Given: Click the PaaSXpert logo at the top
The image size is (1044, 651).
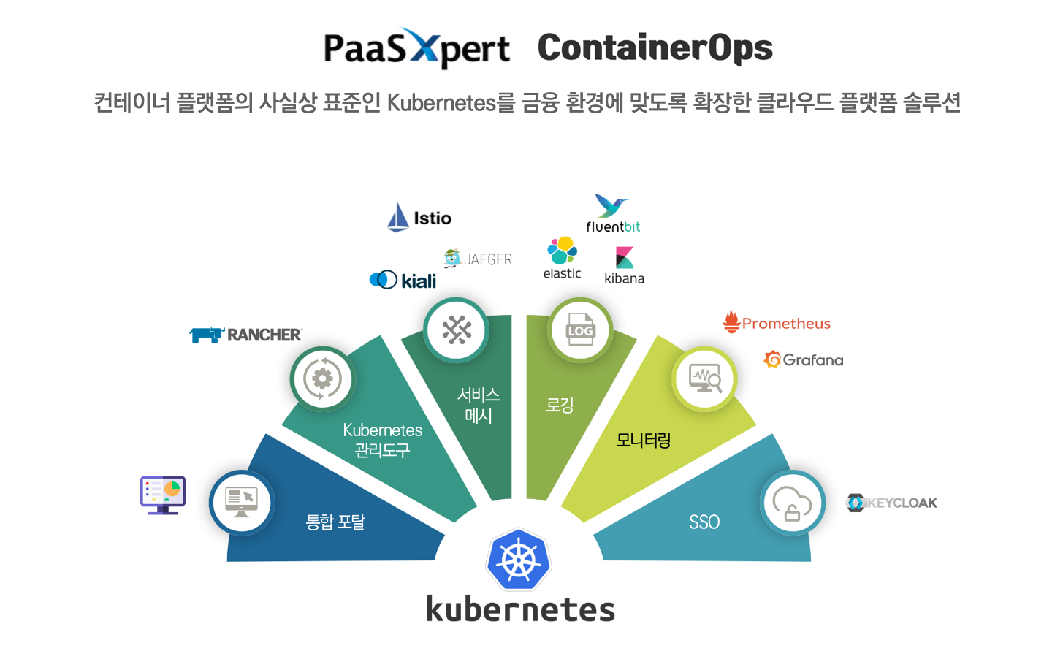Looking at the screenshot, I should [x=416, y=48].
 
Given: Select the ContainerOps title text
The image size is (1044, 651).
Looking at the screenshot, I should [x=655, y=48].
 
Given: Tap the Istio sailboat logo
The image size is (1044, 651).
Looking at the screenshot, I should [x=398, y=217].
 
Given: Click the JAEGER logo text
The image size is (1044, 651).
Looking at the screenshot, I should [x=487, y=259].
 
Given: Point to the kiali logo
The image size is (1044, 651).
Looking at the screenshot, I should [x=403, y=280].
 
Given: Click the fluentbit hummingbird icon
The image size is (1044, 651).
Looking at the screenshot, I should [x=612, y=205].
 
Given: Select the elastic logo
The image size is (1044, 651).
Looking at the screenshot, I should [x=562, y=258].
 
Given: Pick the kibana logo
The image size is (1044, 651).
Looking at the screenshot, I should [x=624, y=265].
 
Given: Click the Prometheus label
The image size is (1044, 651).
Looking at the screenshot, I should [x=786, y=323].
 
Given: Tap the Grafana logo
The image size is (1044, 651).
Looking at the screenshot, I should [x=803, y=359].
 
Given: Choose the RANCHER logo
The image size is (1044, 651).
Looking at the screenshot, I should [x=245, y=335].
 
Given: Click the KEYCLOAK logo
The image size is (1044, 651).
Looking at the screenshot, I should [x=891, y=503].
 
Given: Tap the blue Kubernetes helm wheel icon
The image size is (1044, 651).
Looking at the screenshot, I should [x=519, y=560].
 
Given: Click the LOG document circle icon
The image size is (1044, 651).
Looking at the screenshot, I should [x=580, y=330].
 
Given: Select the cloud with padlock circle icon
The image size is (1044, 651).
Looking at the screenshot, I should [x=792, y=503].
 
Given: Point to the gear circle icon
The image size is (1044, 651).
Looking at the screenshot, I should [x=322, y=378].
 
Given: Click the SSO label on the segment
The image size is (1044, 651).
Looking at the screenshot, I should [x=704, y=522].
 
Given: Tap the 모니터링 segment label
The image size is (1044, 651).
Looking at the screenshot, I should [x=643, y=440].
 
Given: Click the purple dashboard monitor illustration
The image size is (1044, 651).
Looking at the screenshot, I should [x=163, y=495].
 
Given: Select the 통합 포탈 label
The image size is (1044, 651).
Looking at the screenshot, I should [x=335, y=522].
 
